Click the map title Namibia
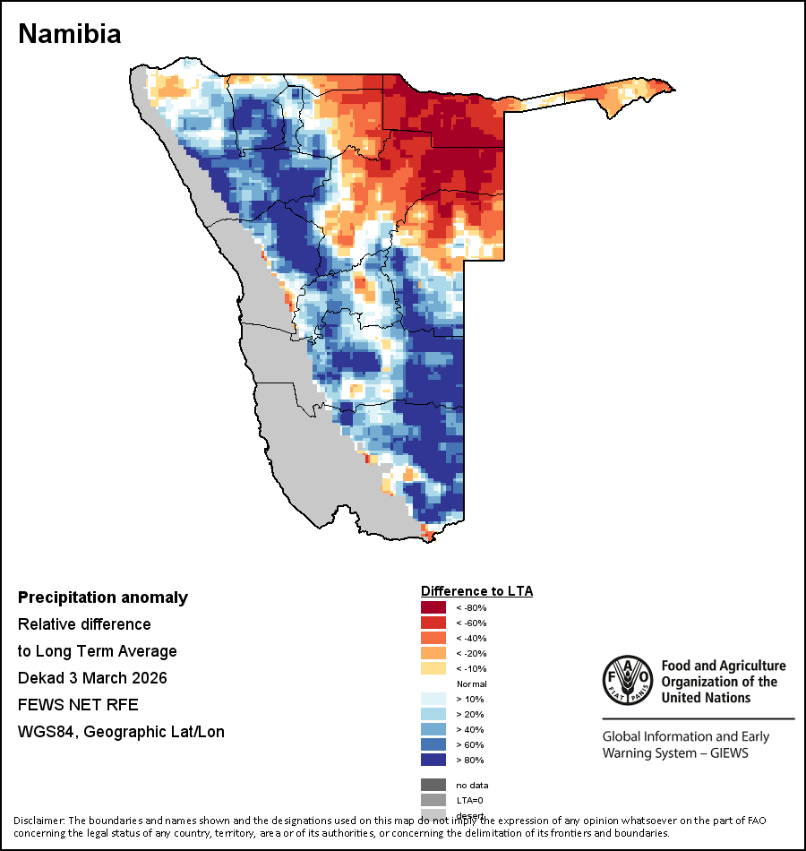click(70, 34)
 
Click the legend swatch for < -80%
click(433, 608)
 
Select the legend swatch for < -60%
click(433, 623)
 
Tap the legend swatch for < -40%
click(433, 639)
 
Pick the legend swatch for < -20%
click(433, 654)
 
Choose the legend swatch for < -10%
click(433, 669)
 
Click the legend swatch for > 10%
click(433, 699)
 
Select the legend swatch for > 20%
click(433, 714)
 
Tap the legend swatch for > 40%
click(433, 729)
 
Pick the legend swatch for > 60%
click(433, 744)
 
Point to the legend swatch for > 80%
click(433, 760)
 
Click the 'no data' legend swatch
click(433, 785)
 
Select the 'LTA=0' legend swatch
click(433, 800)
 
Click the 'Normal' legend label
click(471, 683)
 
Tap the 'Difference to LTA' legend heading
click(476, 591)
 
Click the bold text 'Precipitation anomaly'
click(103, 597)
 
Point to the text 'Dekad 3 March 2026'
click(92, 678)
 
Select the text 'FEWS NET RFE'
click(78, 705)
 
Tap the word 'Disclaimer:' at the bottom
click(39, 821)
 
